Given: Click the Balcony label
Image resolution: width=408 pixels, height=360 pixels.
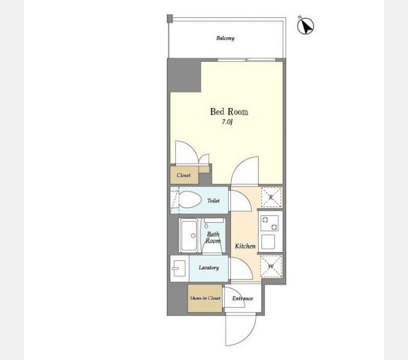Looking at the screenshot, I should (225, 38).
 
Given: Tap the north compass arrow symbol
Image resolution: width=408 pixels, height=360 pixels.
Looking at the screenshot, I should (306, 26).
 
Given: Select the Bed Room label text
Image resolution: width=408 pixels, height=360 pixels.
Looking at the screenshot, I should (229, 112).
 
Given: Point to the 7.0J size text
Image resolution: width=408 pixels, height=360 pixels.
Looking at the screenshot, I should (227, 122).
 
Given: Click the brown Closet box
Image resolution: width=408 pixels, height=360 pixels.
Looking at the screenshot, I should (184, 175).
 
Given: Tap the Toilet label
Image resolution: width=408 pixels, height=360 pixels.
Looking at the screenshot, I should (214, 201).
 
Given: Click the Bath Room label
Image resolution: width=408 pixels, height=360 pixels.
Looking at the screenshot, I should (213, 238).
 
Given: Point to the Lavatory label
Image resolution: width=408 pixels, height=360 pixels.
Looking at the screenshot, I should (209, 268).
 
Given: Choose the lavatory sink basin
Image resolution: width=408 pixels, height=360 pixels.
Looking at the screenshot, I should (179, 269).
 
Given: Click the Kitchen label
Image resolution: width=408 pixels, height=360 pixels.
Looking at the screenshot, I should (245, 246).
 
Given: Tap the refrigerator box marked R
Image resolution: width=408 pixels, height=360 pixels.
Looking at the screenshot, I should (271, 197).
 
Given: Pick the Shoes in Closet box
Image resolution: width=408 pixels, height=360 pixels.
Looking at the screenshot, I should (205, 298).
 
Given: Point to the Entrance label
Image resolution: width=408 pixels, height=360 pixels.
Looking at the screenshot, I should (242, 298).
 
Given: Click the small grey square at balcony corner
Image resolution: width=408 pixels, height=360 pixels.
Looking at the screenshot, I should (170, 18).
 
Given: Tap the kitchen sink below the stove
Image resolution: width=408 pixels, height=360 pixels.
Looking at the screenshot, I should (269, 242).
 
